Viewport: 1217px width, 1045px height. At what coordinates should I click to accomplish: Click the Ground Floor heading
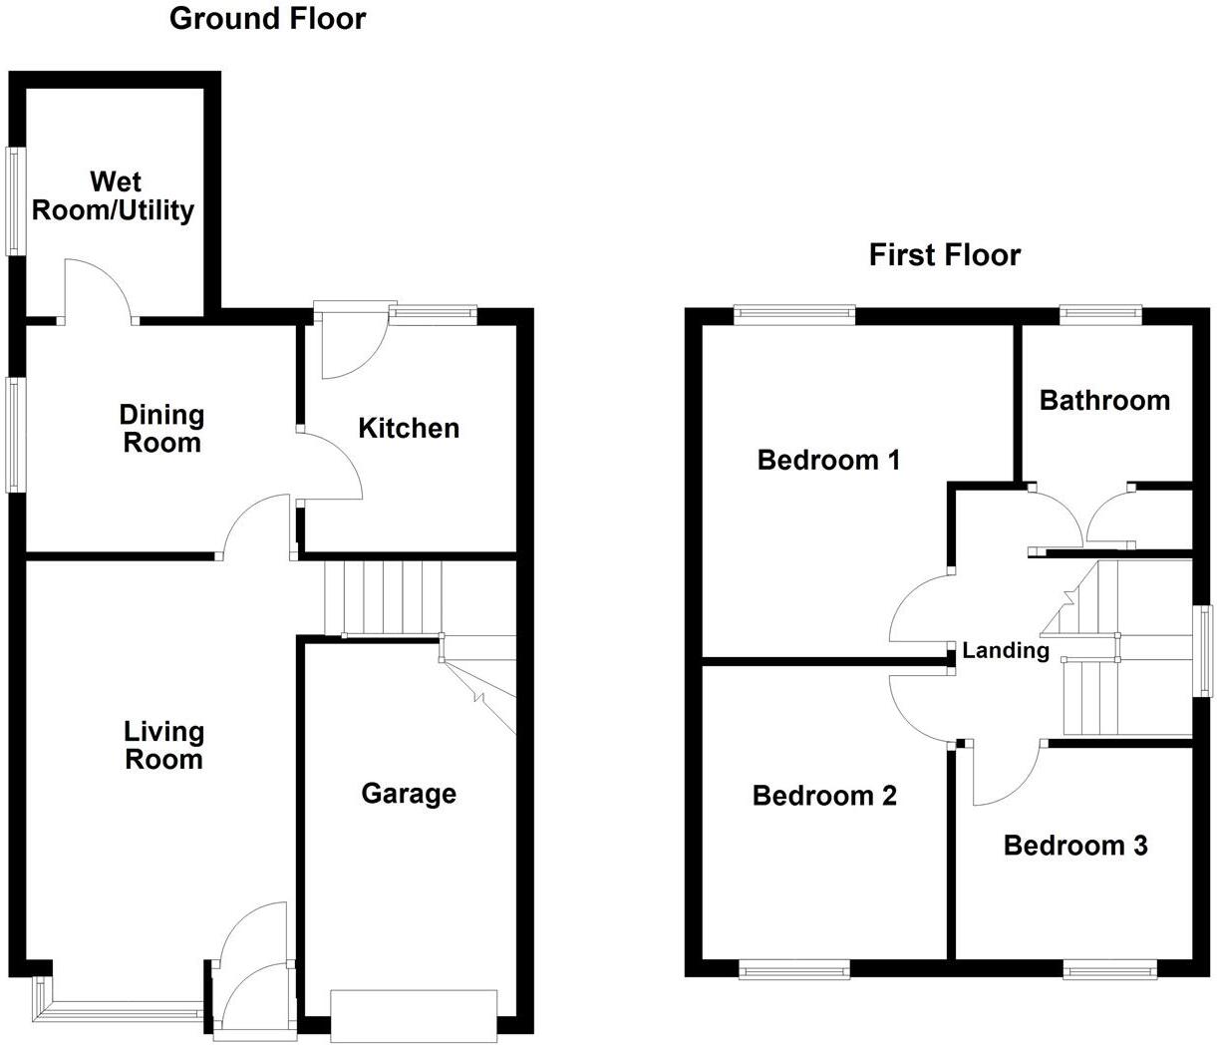[x=267, y=18]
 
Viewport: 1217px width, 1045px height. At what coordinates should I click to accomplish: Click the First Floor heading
[x=944, y=255]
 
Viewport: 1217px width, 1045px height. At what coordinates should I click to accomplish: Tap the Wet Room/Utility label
[x=114, y=196]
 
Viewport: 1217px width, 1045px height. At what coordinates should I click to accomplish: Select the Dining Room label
[x=161, y=429]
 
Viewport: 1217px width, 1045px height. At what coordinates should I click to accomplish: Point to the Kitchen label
[x=409, y=429]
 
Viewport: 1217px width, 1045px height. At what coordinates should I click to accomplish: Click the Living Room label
[x=163, y=746]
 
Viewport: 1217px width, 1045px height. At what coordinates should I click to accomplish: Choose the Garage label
[x=409, y=794]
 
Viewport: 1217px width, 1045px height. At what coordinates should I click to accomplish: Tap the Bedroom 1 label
[x=828, y=460]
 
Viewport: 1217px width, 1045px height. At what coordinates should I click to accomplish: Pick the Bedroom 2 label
[x=824, y=796]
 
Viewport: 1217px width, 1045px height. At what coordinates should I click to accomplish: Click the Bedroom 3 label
[x=1074, y=846]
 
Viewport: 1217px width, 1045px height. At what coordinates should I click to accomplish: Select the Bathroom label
[x=1104, y=401]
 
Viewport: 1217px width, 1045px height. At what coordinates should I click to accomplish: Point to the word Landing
[x=1006, y=651]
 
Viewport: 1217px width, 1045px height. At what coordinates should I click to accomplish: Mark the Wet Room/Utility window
[x=15, y=200]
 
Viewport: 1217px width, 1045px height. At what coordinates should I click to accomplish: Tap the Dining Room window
[x=15, y=435]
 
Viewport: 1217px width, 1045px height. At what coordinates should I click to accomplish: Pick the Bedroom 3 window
[x=1109, y=969]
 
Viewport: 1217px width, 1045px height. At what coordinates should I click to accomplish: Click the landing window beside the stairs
[x=1206, y=651]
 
